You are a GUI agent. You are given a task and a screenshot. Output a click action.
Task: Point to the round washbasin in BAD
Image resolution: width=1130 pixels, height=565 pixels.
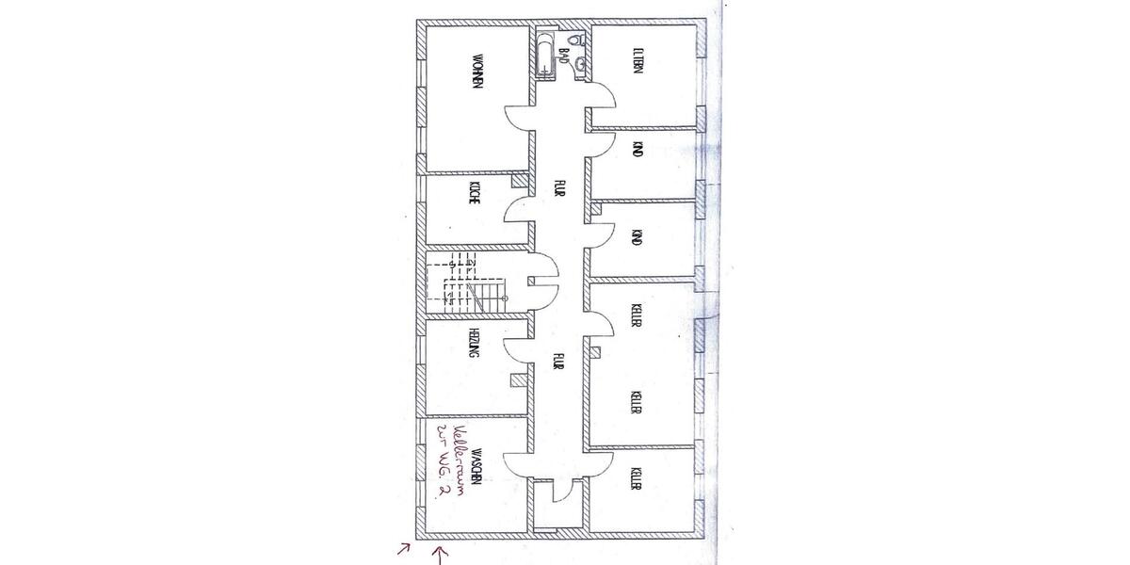pyautogui.click(x=582, y=64)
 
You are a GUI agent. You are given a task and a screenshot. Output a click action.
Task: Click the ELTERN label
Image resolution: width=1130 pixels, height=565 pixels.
pyautogui.click(x=638, y=63)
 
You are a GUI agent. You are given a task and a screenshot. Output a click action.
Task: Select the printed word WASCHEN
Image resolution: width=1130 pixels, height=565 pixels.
pyautogui.click(x=478, y=465)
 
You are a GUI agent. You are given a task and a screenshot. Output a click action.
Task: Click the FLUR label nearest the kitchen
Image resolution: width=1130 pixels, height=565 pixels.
pyautogui.click(x=558, y=189)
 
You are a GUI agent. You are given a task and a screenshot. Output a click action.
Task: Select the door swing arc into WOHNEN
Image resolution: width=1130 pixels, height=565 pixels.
pyautogui.click(x=516, y=118)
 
